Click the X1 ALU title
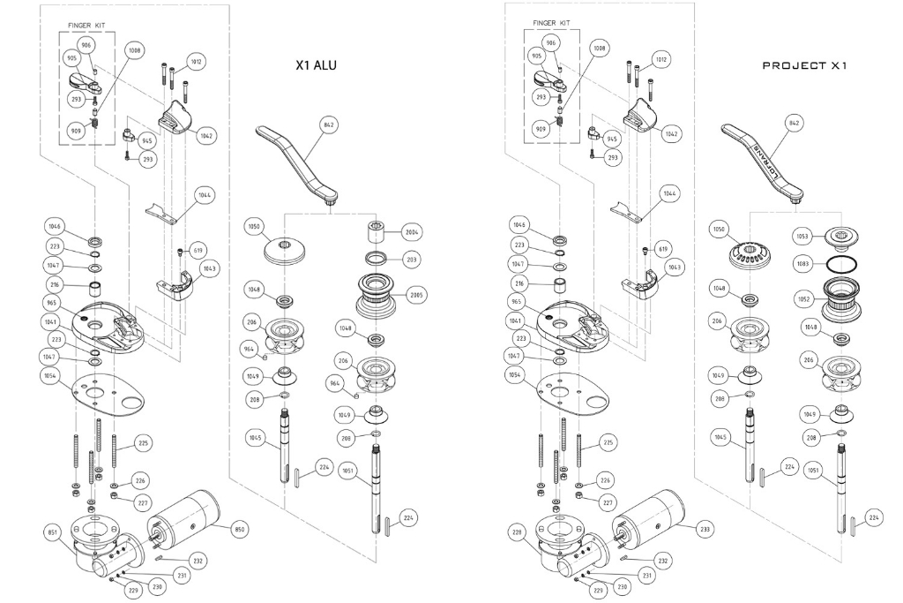click(317, 65)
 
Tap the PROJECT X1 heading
click(804, 65)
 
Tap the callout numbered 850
click(238, 529)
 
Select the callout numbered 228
click(518, 531)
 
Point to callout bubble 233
click(704, 529)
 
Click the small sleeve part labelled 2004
click(375, 233)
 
